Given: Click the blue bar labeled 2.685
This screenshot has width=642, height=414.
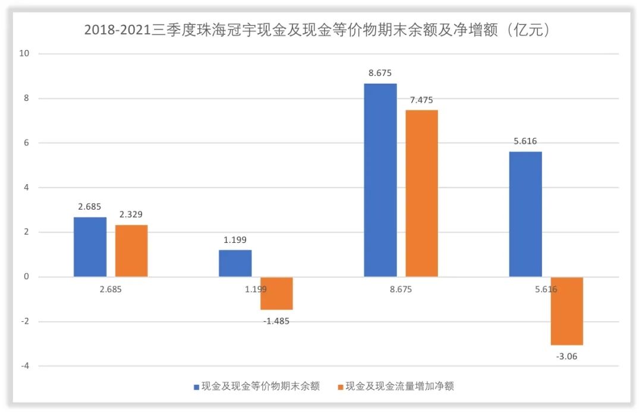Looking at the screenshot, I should click(x=90, y=246).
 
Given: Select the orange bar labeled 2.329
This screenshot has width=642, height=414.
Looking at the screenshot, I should click(x=131, y=251).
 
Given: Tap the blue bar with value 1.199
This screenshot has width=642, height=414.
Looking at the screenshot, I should click(x=235, y=263).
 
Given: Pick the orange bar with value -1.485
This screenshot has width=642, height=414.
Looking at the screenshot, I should click(x=276, y=293).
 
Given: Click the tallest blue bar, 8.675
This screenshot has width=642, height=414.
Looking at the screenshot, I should click(x=380, y=180).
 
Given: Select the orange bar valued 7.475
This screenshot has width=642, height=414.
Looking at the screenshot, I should click(x=421, y=193).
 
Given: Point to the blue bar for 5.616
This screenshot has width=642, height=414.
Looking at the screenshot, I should click(x=525, y=214).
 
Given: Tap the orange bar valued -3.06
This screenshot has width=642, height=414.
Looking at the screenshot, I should click(x=567, y=311).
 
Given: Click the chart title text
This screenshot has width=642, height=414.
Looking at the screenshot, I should click(x=317, y=30).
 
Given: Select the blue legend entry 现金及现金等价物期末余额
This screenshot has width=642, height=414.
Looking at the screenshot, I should click(x=256, y=387).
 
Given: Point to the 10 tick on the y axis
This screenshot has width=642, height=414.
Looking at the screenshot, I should click(x=26, y=54).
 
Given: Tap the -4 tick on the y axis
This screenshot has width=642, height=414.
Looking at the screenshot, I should click(x=26, y=366).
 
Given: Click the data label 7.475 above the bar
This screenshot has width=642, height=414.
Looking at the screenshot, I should click(x=421, y=100).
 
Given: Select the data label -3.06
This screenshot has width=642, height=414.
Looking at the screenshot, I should click(x=567, y=356).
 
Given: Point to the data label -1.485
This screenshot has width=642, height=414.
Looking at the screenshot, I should click(x=276, y=321).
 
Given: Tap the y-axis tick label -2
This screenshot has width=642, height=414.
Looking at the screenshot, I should click(x=26, y=321).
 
